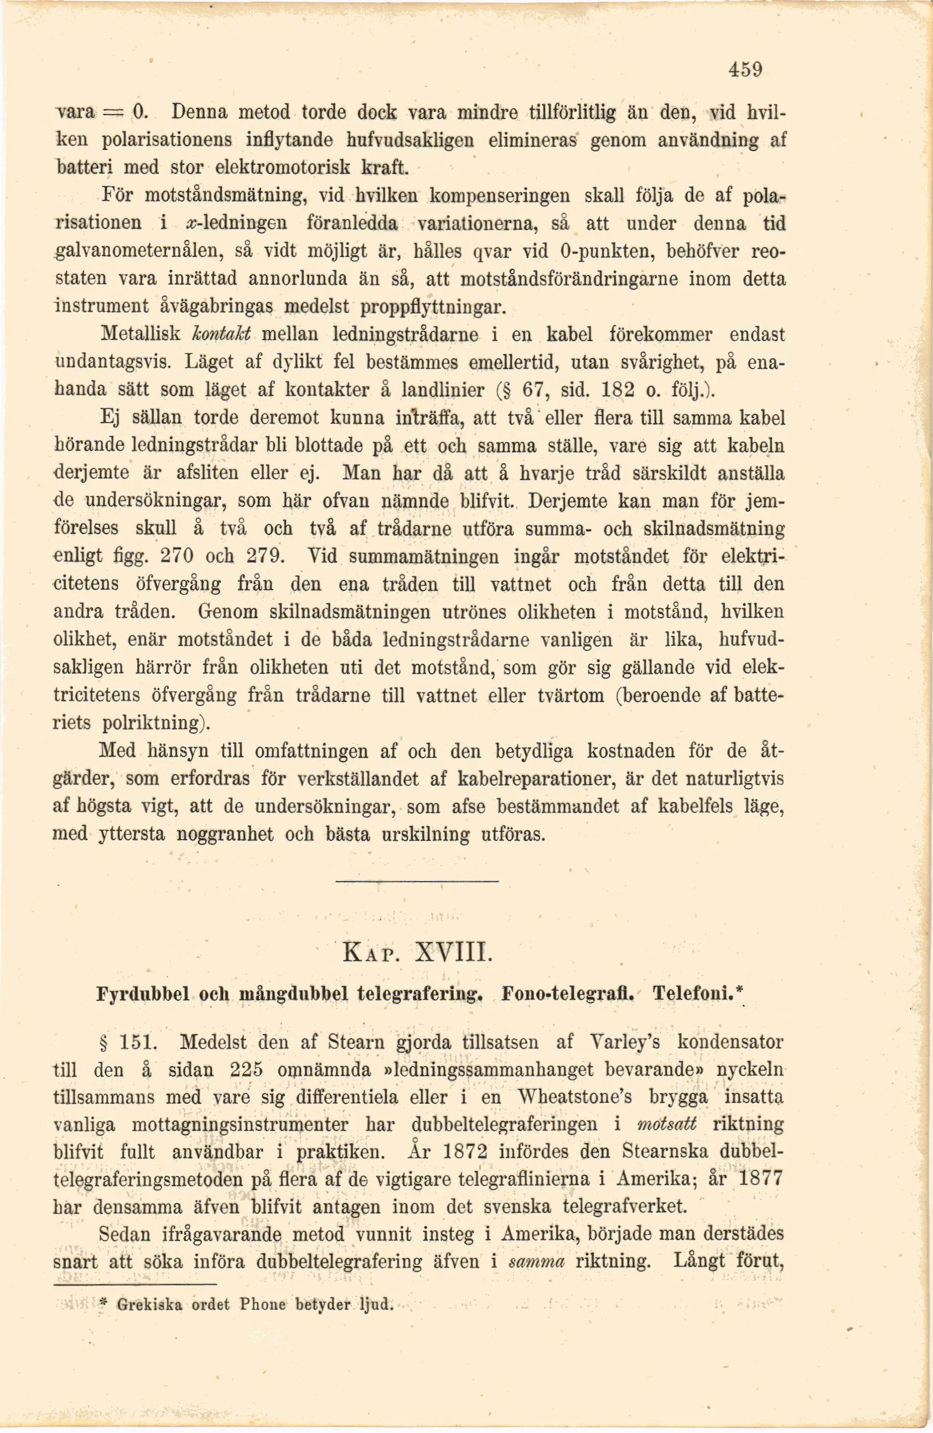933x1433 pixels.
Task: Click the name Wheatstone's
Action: click(574, 1097)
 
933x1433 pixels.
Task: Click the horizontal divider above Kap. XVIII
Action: click(417, 883)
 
